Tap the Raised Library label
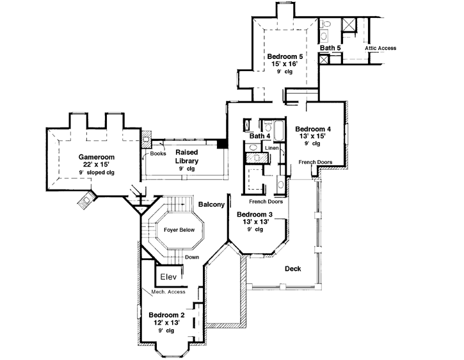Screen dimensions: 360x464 pyautogui.click(x=187, y=156)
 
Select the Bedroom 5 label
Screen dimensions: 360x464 pyautogui.click(x=285, y=57)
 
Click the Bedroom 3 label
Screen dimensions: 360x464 pyautogui.click(x=255, y=214)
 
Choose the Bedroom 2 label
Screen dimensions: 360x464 pyautogui.click(x=166, y=315)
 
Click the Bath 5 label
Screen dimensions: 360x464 pyautogui.click(x=330, y=48)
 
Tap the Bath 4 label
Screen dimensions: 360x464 pyautogui.click(x=260, y=136)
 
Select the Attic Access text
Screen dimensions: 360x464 pyautogui.click(x=380, y=48)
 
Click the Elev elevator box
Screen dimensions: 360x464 pyautogui.click(x=168, y=277)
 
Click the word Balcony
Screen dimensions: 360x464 pyautogui.click(x=211, y=205)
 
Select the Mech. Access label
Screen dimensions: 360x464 pyautogui.click(x=168, y=292)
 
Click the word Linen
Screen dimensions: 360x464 pyautogui.click(x=271, y=149)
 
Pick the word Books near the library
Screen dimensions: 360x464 pyautogui.click(x=157, y=154)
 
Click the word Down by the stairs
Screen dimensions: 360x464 pyautogui.click(x=191, y=257)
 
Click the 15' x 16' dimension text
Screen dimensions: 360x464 pyautogui.click(x=285, y=65)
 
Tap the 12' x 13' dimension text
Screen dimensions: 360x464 pyautogui.click(x=166, y=323)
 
